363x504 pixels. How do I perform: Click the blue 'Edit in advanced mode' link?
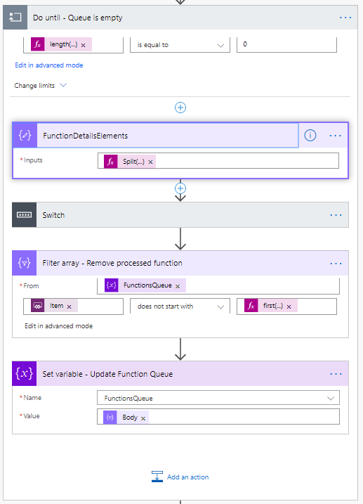click(x=48, y=65)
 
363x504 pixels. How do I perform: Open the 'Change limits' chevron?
click(x=63, y=85)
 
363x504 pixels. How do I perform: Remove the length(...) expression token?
click(x=83, y=45)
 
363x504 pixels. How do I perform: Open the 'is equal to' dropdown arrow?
click(x=220, y=45)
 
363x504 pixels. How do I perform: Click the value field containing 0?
click(x=286, y=45)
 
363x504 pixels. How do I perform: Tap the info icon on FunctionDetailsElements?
click(x=310, y=136)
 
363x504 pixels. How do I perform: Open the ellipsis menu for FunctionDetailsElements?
click(x=336, y=136)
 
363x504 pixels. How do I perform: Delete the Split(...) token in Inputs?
click(x=150, y=162)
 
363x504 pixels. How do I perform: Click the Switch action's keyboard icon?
click(x=24, y=214)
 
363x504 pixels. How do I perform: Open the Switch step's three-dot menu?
click(x=336, y=215)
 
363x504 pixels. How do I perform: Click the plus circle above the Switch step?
click(x=180, y=188)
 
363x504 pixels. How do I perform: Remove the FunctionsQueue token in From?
click(x=178, y=286)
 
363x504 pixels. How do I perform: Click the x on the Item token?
click(x=69, y=306)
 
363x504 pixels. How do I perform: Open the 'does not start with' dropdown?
click(x=180, y=306)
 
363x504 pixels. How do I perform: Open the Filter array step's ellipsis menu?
click(x=336, y=264)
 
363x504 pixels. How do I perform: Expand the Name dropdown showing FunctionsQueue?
click(x=330, y=399)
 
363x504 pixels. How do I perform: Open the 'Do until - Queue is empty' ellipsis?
click(x=345, y=18)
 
